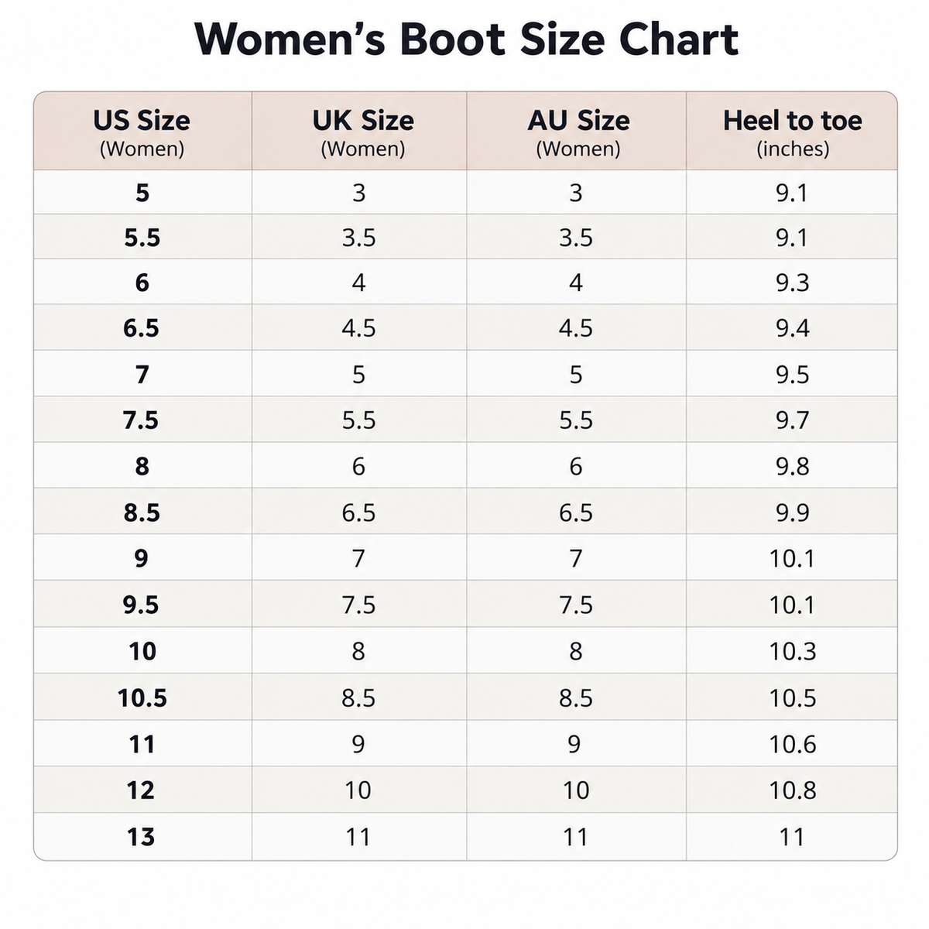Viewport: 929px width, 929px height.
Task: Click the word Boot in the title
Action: (452, 39)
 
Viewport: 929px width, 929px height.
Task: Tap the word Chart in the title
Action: (679, 39)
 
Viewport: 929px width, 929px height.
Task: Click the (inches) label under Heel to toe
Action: (793, 149)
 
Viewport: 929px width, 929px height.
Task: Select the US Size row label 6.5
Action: (141, 327)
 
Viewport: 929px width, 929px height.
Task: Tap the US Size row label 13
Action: (141, 836)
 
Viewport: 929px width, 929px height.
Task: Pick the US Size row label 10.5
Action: (142, 698)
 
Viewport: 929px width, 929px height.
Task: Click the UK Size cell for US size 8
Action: (358, 466)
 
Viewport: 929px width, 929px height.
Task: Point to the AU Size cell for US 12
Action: (576, 790)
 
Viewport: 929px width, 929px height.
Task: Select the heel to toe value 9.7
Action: (793, 420)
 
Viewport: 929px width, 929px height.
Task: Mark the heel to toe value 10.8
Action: (793, 790)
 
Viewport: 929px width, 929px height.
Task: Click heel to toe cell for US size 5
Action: (792, 193)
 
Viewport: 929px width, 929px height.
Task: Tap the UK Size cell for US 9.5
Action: (358, 605)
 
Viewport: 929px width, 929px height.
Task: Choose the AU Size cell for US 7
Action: (576, 374)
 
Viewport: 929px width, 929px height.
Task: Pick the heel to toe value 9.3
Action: (793, 282)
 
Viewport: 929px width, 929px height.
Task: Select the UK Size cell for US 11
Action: (358, 744)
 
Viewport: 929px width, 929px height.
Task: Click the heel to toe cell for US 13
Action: (792, 836)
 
